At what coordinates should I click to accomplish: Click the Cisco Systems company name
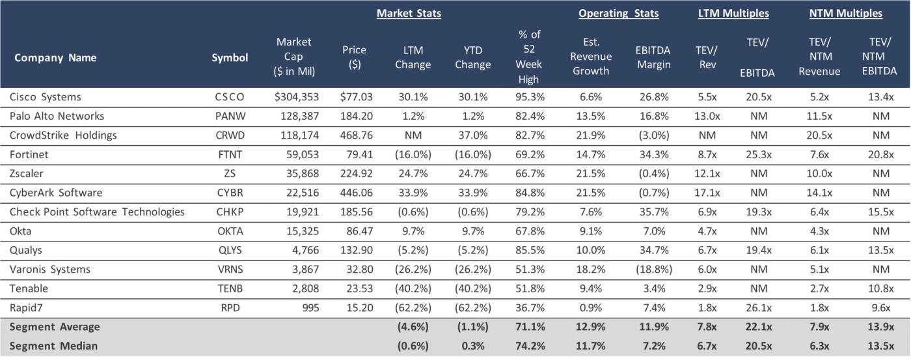45,97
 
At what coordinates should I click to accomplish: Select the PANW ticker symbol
230,116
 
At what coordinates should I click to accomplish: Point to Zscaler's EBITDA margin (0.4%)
653,174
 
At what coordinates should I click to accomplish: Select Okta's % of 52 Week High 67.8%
528,231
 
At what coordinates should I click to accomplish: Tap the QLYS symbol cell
230,251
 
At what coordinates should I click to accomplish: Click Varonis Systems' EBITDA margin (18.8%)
653,270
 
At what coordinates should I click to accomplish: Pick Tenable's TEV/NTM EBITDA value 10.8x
878,288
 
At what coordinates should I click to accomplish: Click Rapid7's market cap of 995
306,308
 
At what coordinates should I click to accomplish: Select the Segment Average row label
55,327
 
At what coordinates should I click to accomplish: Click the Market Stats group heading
409,13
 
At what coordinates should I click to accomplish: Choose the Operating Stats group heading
618,13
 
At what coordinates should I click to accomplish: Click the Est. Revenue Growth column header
591,57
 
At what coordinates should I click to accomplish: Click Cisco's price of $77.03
356,97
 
